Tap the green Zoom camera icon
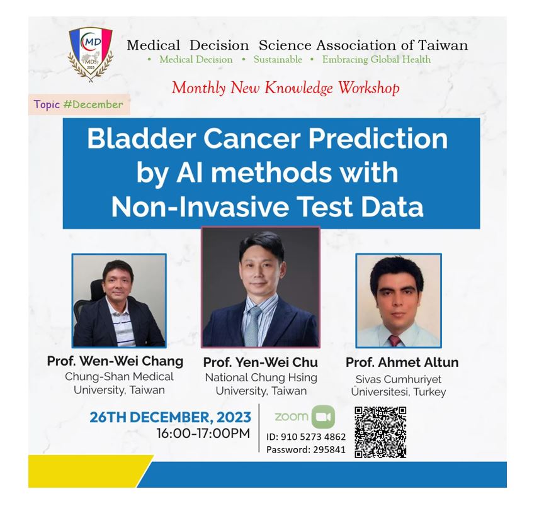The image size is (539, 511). (x=323, y=417)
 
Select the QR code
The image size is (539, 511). (x=380, y=432)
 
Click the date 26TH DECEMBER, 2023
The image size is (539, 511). (x=170, y=417)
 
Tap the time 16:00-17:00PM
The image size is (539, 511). (x=203, y=434)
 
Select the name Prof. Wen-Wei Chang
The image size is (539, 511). (x=115, y=361)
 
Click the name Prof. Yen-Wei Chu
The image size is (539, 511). (x=261, y=362)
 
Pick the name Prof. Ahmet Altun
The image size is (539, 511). (x=402, y=362)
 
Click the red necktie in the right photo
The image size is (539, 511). (x=395, y=340)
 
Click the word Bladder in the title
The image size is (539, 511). (x=141, y=138)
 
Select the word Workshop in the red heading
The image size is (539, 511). (x=369, y=88)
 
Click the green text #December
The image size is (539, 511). (x=93, y=104)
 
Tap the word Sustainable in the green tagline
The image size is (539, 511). (x=278, y=59)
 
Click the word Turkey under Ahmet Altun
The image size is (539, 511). (x=429, y=392)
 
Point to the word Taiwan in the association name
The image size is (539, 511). (x=443, y=45)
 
